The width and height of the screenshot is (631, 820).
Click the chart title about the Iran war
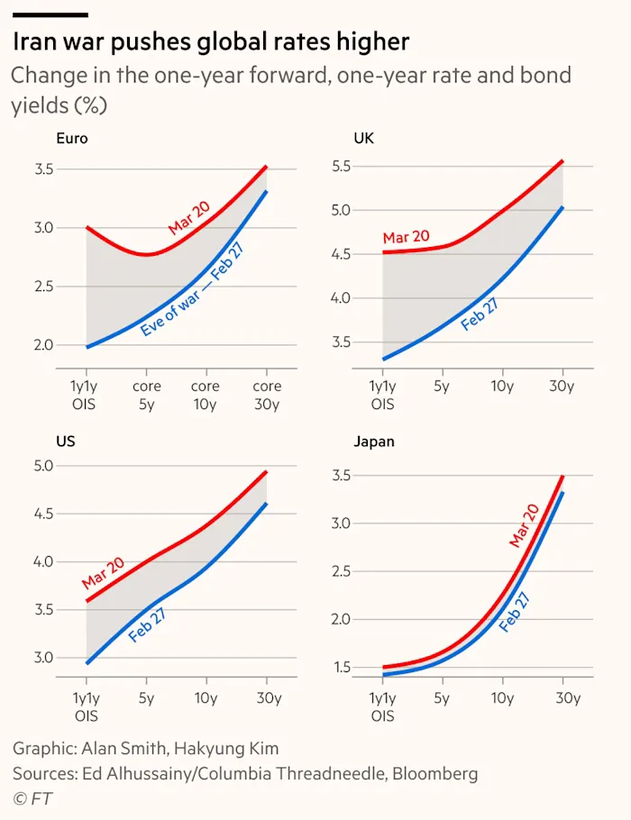(211, 41)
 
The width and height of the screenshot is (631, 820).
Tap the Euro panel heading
(71, 139)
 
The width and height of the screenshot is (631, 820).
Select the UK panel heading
(363, 139)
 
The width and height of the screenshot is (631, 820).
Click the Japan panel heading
(374, 442)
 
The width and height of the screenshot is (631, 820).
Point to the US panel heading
(66, 442)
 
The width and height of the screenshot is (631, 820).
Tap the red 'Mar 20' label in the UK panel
(406, 237)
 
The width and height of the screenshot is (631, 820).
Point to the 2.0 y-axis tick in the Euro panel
(43, 345)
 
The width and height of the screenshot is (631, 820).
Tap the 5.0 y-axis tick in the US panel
(43, 466)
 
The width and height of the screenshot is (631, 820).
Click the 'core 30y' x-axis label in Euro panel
(267, 395)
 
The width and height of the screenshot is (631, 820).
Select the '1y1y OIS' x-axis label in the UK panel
(382, 395)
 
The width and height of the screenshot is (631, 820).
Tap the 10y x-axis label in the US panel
(206, 697)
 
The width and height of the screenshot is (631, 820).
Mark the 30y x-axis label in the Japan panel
(563, 697)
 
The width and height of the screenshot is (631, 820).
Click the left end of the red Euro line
(87, 228)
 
